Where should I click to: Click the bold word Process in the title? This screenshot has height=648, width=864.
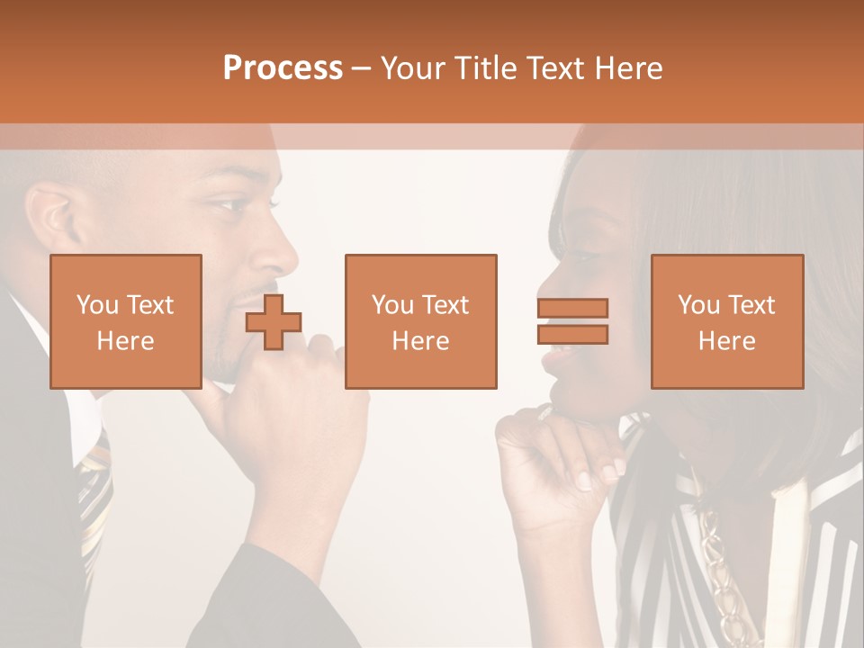283,68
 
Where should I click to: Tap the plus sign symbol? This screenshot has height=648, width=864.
274,321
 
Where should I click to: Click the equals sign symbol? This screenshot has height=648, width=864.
572,321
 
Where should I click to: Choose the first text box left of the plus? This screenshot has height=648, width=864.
126,321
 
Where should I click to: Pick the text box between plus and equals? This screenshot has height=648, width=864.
420,321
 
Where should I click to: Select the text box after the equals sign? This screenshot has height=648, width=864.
727,321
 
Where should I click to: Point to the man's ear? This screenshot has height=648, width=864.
52,216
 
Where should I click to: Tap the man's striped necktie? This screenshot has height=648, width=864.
94,495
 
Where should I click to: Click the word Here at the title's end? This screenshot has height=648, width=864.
630,68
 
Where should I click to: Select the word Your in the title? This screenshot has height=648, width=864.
413,68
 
